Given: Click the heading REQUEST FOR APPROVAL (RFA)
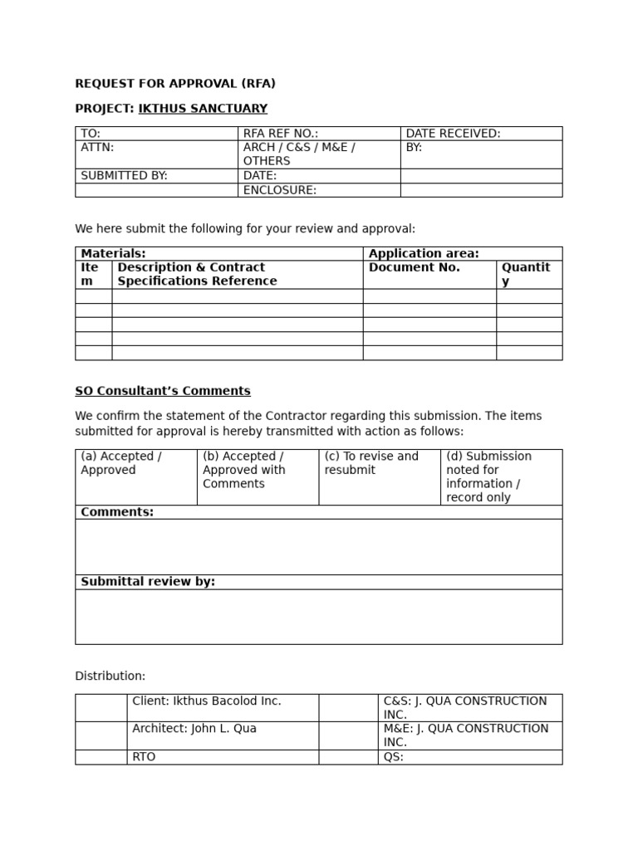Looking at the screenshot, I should tap(175, 83).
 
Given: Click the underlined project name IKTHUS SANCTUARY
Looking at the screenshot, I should tap(203, 109).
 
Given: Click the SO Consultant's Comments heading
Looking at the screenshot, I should tap(163, 391).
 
